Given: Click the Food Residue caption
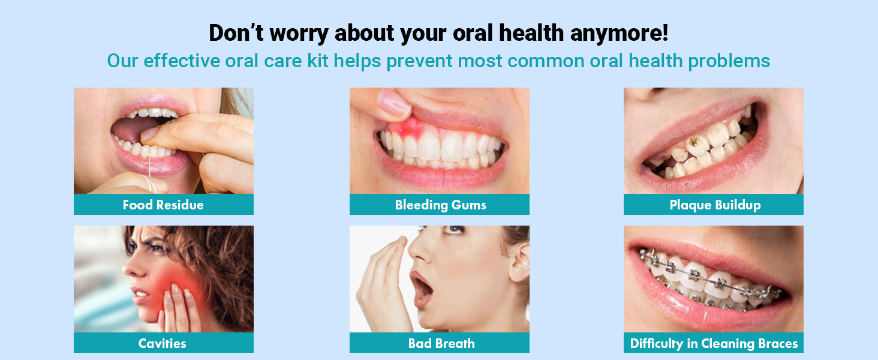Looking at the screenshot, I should pyautogui.click(x=163, y=205).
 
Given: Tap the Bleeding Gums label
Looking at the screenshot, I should pyautogui.click(x=440, y=205).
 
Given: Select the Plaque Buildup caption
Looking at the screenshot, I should pyautogui.click(x=714, y=205).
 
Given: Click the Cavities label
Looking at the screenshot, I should pyautogui.click(x=162, y=343).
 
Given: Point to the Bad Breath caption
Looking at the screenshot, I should pyautogui.click(x=441, y=343).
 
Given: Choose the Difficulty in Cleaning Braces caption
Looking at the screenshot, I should pyautogui.click(x=714, y=343).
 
